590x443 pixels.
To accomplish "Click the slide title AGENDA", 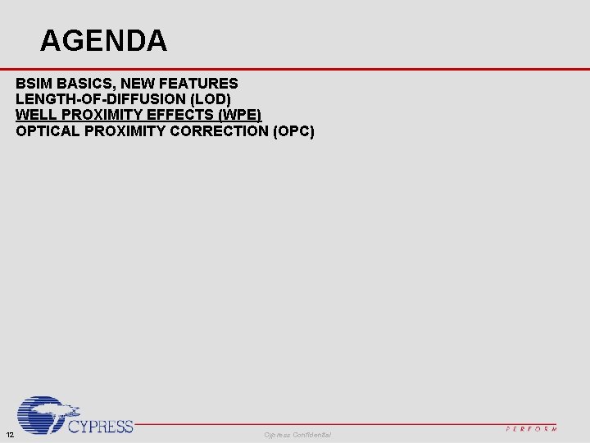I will click(103, 40).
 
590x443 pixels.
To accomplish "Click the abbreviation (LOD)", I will click(210, 99).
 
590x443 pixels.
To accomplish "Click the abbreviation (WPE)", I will click(238, 115).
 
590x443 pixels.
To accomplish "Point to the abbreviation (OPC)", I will click(293, 130).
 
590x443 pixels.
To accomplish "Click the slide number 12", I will click(9, 434).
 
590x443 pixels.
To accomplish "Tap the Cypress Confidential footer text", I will click(297, 434).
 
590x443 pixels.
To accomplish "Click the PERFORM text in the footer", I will click(531, 428).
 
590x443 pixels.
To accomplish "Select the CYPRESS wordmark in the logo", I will click(100, 426).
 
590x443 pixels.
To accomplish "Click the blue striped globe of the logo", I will click(43, 415).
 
